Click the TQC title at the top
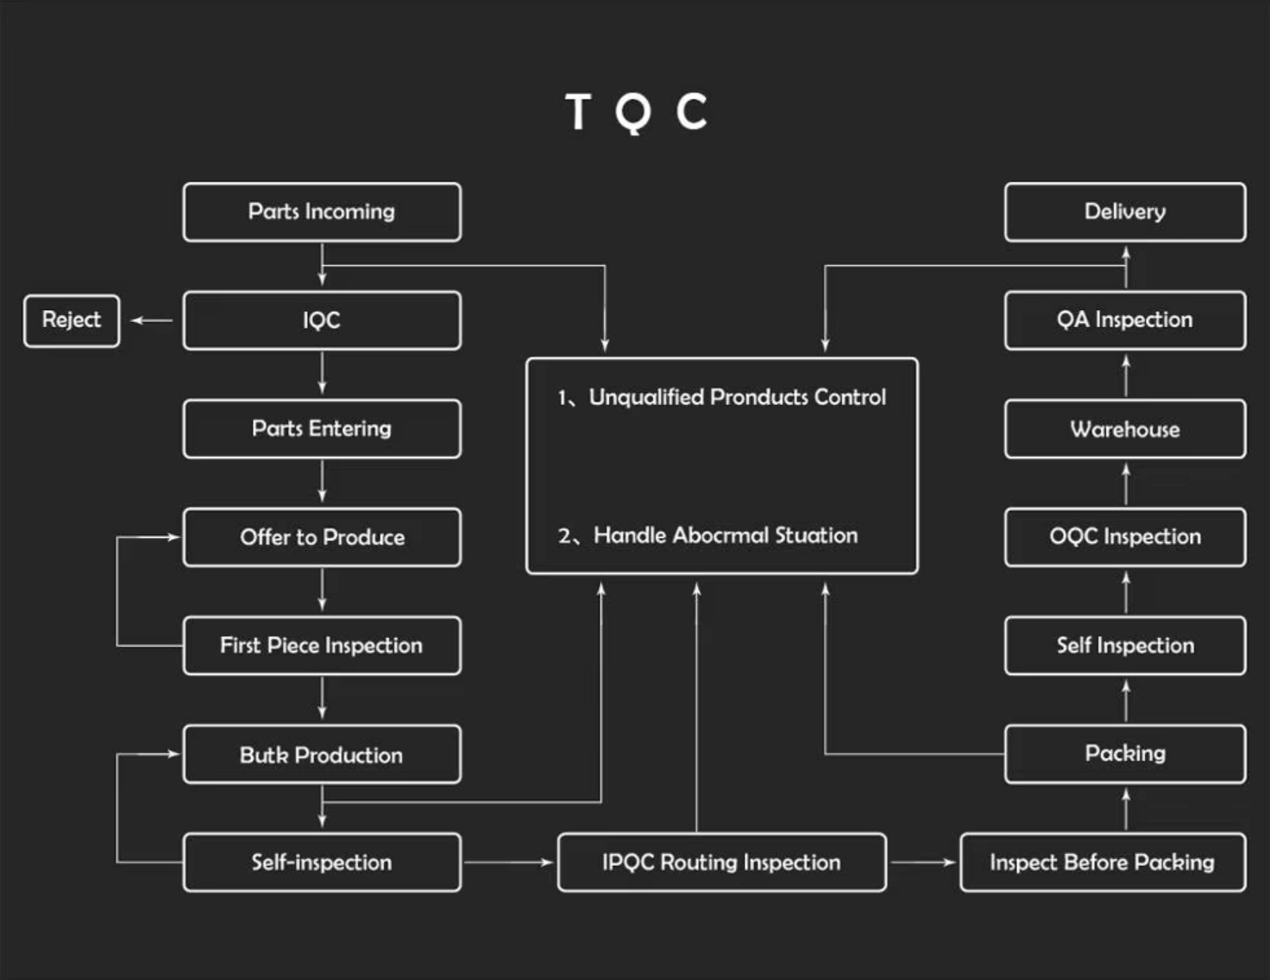click(x=636, y=112)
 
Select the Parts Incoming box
click(x=322, y=212)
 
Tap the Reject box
click(x=72, y=320)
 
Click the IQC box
click(x=322, y=320)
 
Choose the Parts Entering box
click(x=322, y=428)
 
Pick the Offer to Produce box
click(x=322, y=537)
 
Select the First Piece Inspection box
click(x=322, y=645)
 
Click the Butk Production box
click(x=322, y=755)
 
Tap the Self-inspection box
click(x=322, y=862)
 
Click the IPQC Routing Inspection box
click(x=721, y=862)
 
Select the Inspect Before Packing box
click(x=1102, y=862)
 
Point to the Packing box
click(x=1125, y=754)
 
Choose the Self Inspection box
click(x=1125, y=645)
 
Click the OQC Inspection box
click(x=1125, y=536)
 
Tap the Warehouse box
click(x=1125, y=429)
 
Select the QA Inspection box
click(x=1125, y=319)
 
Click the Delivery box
click(x=1125, y=212)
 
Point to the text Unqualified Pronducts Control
click(x=737, y=397)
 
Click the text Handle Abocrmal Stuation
click(x=725, y=535)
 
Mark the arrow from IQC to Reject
click(x=151, y=320)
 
